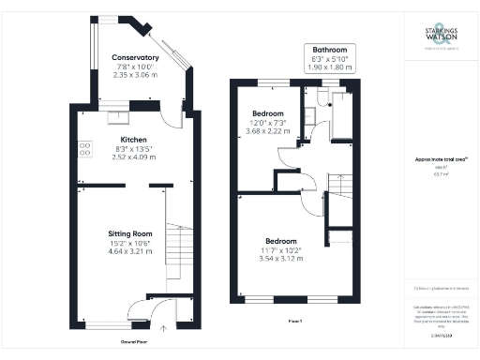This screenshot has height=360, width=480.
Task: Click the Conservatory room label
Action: (x=135, y=58)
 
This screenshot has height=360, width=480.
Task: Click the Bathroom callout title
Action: (x=331, y=50)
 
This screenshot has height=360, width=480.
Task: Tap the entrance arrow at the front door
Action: (x=166, y=328)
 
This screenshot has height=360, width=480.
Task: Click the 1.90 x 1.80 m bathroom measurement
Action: (x=331, y=68)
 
